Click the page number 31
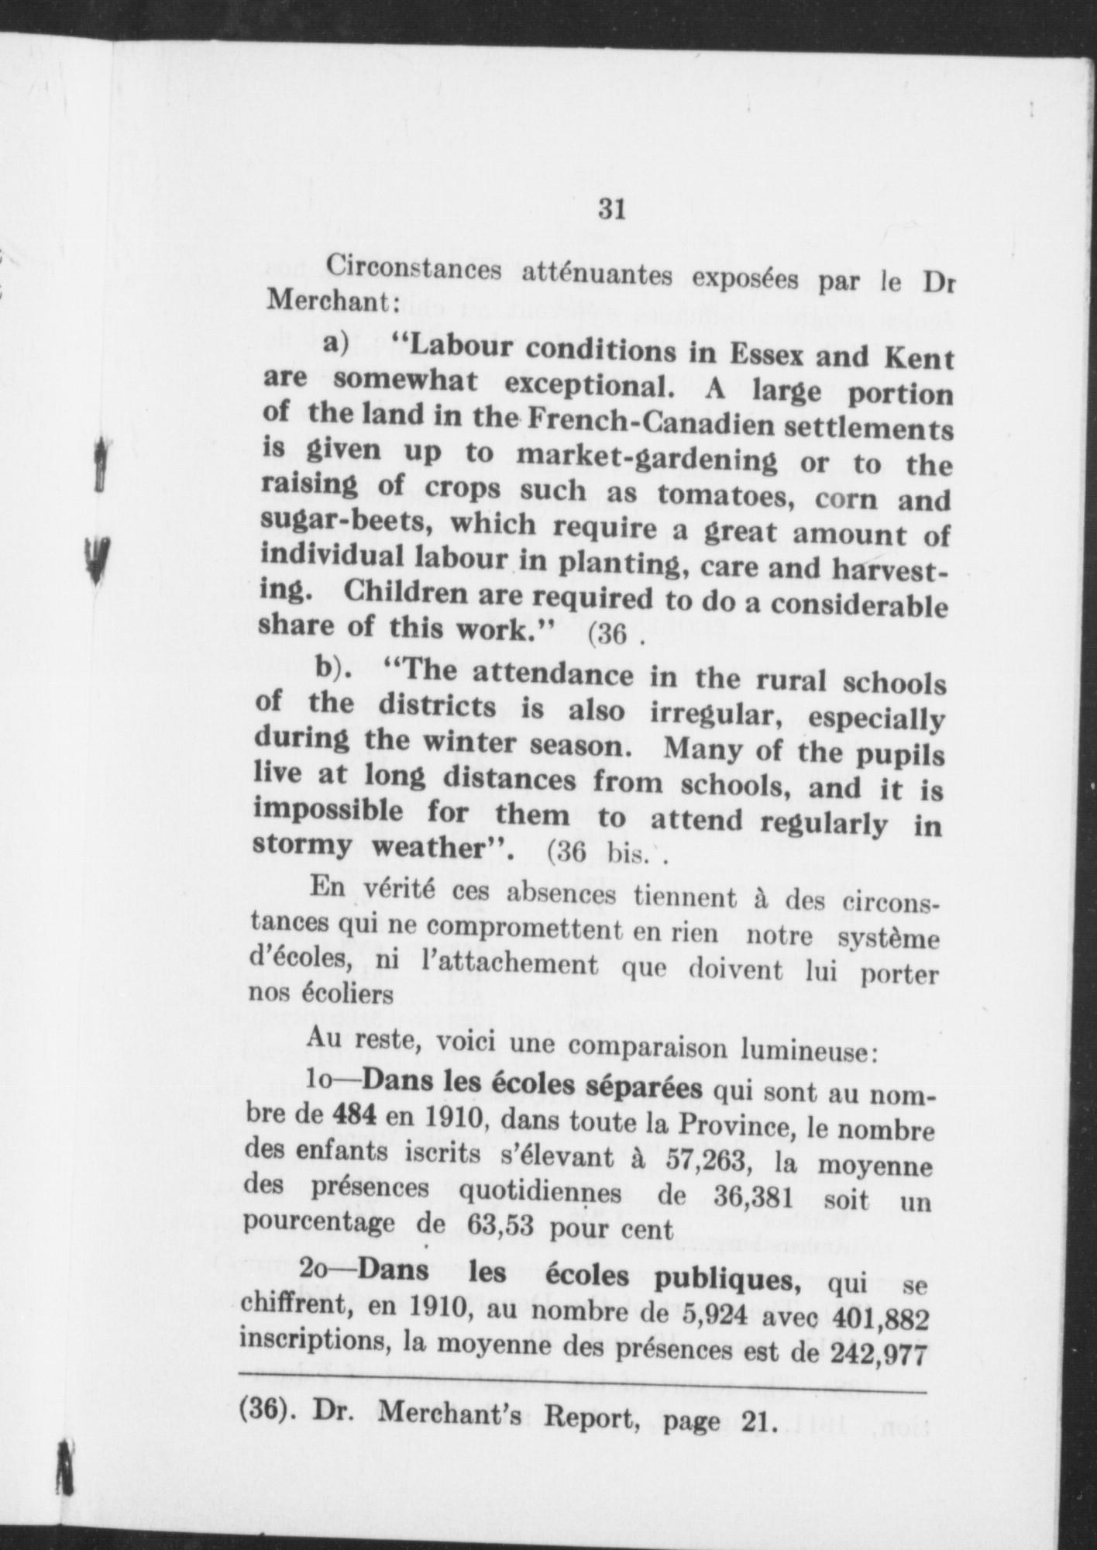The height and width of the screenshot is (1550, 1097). click(x=612, y=209)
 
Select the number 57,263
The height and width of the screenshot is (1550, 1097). click(x=716, y=1158)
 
